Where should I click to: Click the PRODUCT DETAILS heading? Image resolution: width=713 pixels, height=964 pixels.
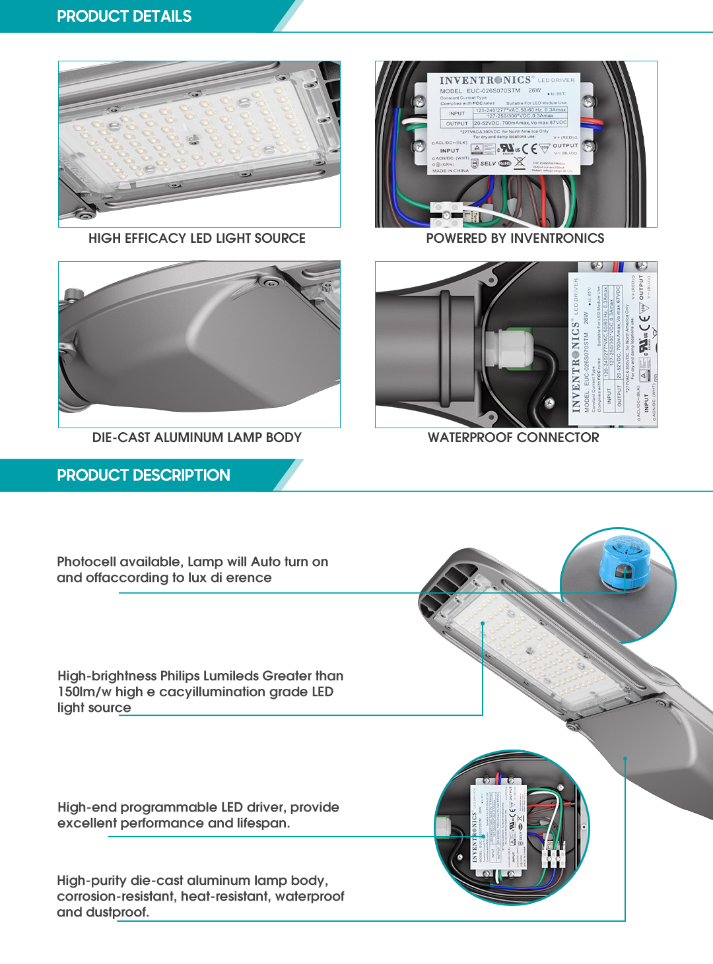tap(124, 16)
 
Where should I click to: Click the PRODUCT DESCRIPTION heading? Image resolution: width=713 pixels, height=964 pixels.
tap(143, 476)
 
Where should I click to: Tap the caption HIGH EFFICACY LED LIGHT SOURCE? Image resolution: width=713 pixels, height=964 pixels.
tap(197, 238)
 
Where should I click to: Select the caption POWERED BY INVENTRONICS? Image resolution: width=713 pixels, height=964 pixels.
tap(515, 238)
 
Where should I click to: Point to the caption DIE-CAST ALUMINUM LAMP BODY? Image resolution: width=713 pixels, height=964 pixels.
tap(197, 437)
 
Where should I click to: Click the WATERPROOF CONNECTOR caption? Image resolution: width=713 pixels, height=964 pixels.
tap(514, 437)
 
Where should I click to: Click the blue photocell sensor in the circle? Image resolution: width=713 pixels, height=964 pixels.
tap(623, 560)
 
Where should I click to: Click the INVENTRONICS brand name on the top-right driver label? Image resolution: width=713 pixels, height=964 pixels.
tap(485, 80)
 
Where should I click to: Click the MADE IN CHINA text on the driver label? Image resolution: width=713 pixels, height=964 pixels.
tap(450, 171)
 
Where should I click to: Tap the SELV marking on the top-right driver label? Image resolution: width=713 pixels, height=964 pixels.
tap(488, 163)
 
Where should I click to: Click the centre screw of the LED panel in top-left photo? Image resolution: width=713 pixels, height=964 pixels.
tap(193, 140)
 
